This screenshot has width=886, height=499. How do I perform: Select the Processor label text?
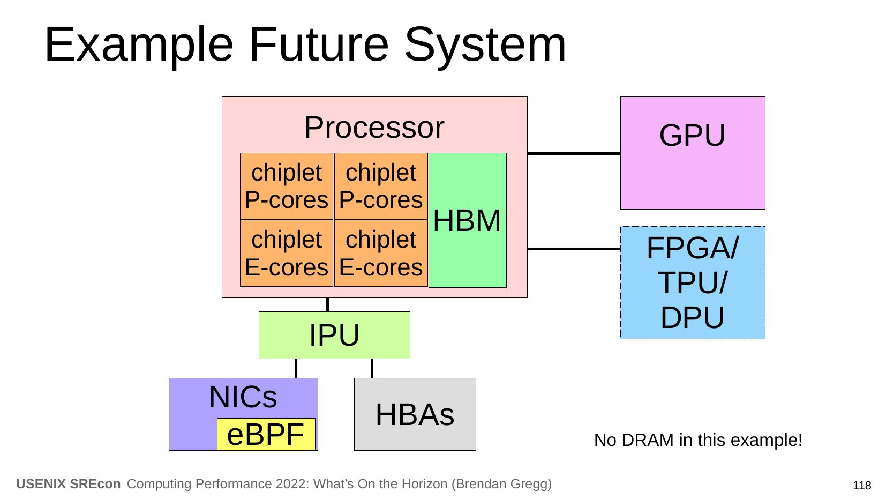click(374, 128)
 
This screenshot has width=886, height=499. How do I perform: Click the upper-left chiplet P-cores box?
click(287, 186)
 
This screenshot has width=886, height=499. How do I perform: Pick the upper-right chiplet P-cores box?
click(381, 186)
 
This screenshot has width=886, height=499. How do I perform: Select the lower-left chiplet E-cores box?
click(287, 253)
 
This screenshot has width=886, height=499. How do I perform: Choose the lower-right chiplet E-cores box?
click(381, 253)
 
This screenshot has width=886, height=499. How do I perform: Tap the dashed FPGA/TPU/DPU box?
click(692, 282)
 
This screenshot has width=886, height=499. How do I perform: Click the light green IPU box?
click(334, 335)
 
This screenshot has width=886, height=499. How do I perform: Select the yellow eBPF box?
click(266, 434)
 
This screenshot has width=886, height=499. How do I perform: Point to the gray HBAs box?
click(415, 414)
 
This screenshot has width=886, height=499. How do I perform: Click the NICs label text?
click(243, 397)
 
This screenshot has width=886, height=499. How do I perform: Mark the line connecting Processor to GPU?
click(574, 153)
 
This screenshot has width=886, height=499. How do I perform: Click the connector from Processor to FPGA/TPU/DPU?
click(574, 249)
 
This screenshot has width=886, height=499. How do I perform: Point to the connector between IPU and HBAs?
click(372, 368)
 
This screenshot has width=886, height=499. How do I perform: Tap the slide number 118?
click(861, 486)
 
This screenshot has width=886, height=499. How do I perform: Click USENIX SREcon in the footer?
click(69, 484)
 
